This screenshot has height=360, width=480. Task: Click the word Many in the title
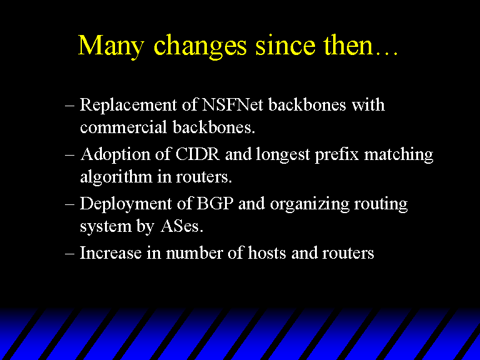pos(111,46)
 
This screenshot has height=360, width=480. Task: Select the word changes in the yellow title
pos(200,46)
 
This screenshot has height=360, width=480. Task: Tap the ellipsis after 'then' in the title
pos(387,53)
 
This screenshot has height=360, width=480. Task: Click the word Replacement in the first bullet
pos(128,105)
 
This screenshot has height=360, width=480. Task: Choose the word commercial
pos(123,127)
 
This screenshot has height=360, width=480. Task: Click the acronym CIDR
pos(197,154)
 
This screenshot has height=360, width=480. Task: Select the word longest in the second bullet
pos(283,154)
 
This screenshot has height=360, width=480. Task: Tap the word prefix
pos(337,154)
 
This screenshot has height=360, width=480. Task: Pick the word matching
pos(399,154)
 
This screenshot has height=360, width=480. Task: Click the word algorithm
pos(116,177)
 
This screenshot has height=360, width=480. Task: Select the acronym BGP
pos(214,203)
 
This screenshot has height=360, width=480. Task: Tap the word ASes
pos(182,226)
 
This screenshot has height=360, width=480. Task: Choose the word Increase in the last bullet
pos(111,253)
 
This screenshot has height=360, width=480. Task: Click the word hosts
pos(267,253)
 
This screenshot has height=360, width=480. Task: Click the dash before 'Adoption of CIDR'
pos(70,155)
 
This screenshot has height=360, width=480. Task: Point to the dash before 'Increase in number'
pos(70,254)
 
